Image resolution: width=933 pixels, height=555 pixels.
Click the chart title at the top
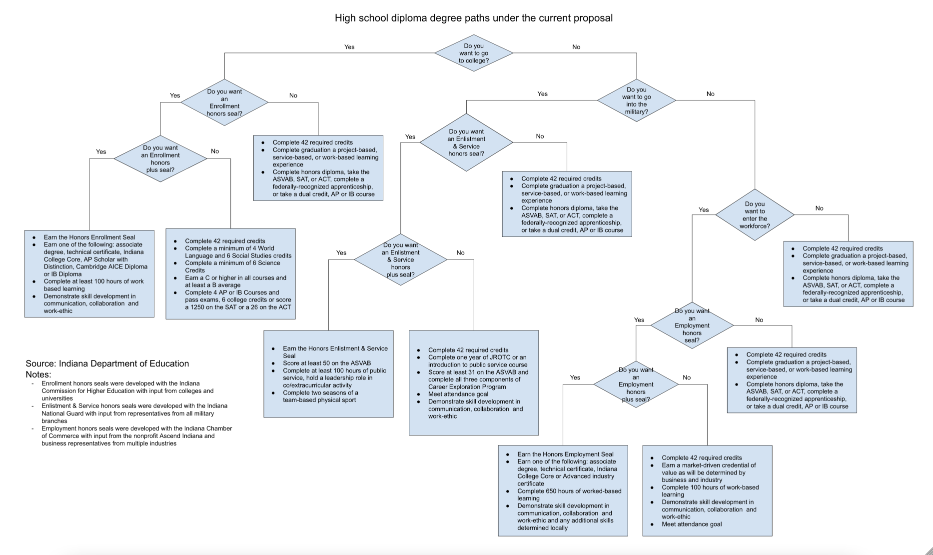click(x=473, y=18)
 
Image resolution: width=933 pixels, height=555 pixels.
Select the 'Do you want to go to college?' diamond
click(x=473, y=53)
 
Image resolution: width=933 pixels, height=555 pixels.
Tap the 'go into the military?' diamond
click(x=636, y=100)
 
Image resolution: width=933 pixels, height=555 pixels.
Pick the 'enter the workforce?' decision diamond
click(x=755, y=215)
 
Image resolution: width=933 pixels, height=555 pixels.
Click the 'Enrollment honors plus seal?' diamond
click(x=160, y=159)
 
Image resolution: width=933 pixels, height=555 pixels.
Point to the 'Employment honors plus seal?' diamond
click(x=636, y=384)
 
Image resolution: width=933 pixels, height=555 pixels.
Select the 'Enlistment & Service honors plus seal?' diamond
click(x=400, y=259)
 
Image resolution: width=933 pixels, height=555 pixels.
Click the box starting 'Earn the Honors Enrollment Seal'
click(x=89, y=273)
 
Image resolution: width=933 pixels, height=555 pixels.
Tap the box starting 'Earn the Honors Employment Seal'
click(x=563, y=490)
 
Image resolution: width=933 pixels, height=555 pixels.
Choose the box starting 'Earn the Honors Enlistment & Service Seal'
click(x=328, y=373)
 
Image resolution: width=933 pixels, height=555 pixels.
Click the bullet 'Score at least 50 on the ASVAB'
click(x=327, y=363)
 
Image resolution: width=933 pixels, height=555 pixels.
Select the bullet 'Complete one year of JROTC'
click(x=477, y=361)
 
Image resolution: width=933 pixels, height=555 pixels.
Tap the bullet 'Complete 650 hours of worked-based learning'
click(x=569, y=494)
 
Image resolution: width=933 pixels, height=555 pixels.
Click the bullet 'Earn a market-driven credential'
click(x=709, y=472)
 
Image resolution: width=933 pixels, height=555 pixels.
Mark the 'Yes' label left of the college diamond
click(x=349, y=47)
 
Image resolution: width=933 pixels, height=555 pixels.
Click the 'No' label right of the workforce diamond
click(x=819, y=208)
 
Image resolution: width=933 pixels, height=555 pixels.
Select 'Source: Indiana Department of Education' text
click(x=107, y=363)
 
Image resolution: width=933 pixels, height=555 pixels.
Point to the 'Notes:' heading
click(x=38, y=374)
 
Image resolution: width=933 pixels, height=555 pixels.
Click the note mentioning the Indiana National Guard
click(x=134, y=413)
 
